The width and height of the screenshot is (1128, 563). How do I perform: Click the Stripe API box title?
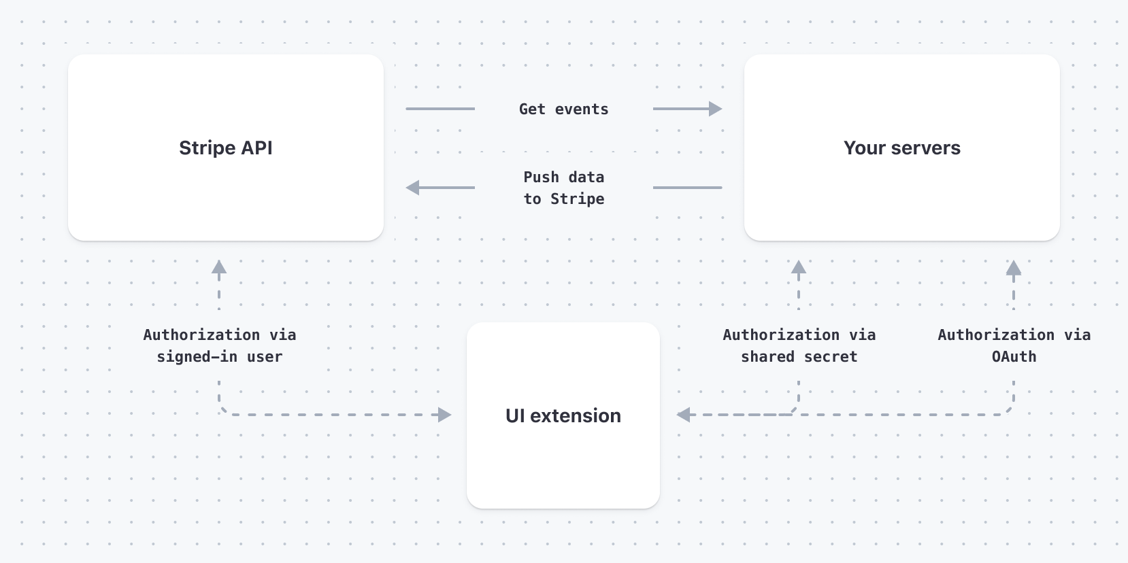click(x=226, y=148)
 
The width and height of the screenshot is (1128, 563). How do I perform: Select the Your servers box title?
click(x=902, y=148)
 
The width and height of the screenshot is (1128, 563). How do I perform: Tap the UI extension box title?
click(x=563, y=415)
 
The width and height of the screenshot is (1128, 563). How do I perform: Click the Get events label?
click(x=563, y=109)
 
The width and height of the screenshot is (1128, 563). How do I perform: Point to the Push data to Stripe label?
click(x=563, y=188)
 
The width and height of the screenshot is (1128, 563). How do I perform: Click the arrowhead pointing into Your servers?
click(x=716, y=109)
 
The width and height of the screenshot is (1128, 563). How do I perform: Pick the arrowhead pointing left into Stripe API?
click(x=412, y=188)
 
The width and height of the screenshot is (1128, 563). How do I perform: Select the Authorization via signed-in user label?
click(x=220, y=345)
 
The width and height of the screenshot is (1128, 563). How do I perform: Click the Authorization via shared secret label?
click(x=799, y=345)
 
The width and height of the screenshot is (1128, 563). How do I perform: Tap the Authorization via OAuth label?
click(x=1014, y=345)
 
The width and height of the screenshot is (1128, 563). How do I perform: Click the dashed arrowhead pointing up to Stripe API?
click(x=219, y=267)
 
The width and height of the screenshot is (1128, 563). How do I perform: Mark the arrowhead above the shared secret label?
click(x=799, y=267)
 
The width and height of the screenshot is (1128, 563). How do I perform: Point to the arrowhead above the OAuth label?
click(x=1014, y=267)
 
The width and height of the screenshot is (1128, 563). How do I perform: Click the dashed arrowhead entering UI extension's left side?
click(x=445, y=415)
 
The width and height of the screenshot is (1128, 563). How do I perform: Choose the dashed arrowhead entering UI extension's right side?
click(x=683, y=415)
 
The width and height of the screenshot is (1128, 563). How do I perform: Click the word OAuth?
click(x=1014, y=357)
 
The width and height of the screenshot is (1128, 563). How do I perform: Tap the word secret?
click(x=831, y=357)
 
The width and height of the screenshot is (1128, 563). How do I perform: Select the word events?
click(x=582, y=109)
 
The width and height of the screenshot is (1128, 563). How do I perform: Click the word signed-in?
click(x=197, y=357)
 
